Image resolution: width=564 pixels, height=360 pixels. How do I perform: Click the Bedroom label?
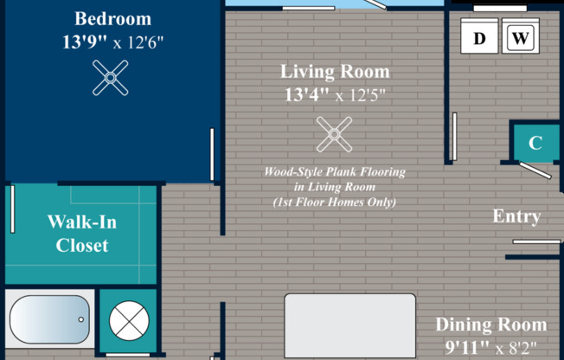point(112,18)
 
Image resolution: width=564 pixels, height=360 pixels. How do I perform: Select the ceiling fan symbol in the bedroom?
point(112,80)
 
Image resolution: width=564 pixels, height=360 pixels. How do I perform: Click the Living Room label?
point(335,72)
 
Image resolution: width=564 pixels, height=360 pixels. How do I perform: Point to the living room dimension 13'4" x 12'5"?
point(335,94)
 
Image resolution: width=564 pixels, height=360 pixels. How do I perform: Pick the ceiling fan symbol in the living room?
point(333,134)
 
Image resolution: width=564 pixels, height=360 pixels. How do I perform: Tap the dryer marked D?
point(479,38)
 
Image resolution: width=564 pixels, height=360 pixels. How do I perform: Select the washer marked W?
point(519,38)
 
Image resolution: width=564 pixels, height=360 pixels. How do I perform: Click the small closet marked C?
point(535,144)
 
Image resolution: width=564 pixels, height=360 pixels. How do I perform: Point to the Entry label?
point(516,216)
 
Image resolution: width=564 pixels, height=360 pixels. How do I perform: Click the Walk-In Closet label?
point(82,234)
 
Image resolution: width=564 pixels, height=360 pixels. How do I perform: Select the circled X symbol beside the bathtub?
point(127,321)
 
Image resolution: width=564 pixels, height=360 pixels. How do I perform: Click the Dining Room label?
point(490,325)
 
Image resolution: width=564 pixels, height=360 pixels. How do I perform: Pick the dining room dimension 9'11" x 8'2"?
point(490,348)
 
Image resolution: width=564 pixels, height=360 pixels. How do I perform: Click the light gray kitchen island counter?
point(349,325)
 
